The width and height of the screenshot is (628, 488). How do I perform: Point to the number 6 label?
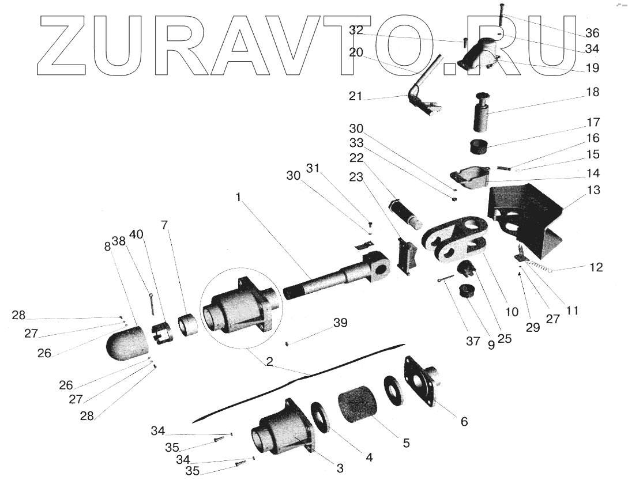pos(464,422)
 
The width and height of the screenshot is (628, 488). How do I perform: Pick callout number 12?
pos(596,267)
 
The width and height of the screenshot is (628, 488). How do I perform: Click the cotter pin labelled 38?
pos(151,304)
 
